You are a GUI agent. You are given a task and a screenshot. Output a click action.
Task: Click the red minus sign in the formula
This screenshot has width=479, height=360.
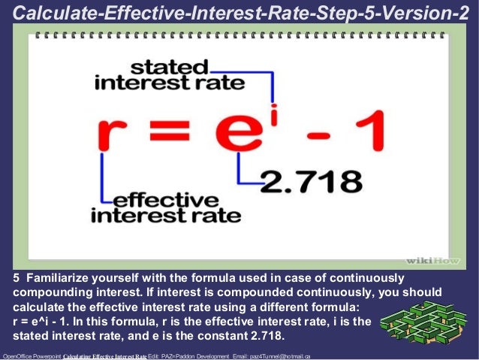[x=315, y=143]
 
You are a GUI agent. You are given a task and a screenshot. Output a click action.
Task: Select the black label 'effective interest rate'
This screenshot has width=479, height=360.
[x=166, y=207]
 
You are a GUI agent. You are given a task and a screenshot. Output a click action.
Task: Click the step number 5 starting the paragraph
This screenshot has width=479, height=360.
[x=18, y=279]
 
